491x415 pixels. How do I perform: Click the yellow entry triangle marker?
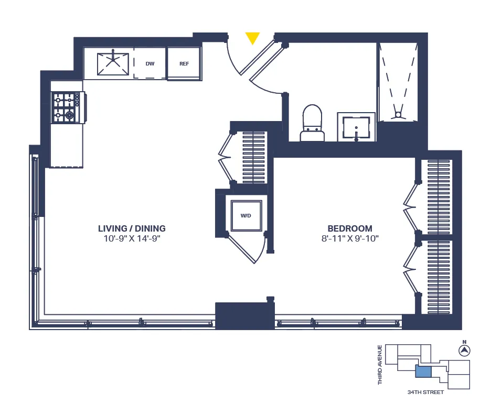tap(253, 38)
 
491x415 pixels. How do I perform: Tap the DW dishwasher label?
tap(150, 64)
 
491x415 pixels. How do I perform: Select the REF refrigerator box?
tap(184, 64)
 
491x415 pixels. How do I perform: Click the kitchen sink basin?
tap(113, 63)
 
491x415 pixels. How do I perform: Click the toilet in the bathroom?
tap(312, 123)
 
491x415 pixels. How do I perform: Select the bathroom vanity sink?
tap(356, 127)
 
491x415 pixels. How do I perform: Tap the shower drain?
tap(398, 114)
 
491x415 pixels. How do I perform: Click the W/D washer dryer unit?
tap(245, 215)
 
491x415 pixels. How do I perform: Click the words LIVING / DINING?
tap(132, 228)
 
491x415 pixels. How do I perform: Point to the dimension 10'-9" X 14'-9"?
tap(132, 238)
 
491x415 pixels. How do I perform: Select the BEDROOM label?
tap(350, 228)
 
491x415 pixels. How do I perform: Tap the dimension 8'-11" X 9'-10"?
tap(350, 238)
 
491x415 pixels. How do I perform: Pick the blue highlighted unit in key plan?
tap(423, 372)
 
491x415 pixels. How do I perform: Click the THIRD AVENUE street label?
tap(380, 365)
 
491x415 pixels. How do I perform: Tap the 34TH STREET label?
tap(425, 392)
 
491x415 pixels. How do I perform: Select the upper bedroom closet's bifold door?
tap(409, 206)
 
